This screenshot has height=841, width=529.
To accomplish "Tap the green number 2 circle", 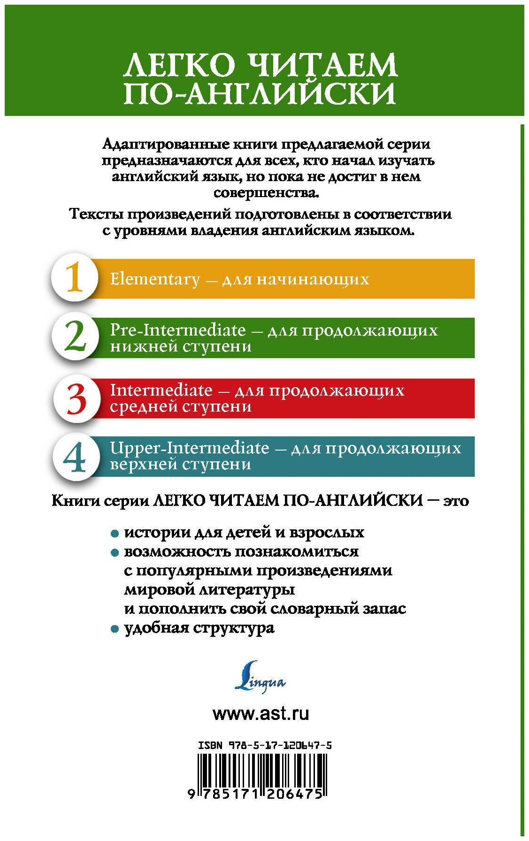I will click(75, 338).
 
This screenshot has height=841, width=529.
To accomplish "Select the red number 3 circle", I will click(76, 399).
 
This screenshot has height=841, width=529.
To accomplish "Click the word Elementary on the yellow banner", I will click(155, 280).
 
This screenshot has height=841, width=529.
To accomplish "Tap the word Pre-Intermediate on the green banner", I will click(177, 330).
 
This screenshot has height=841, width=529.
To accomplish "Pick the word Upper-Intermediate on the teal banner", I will click(189, 448).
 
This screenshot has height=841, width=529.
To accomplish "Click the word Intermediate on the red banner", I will click(161, 390).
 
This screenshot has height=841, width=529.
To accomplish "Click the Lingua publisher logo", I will click(260, 677).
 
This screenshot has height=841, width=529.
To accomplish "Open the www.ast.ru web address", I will click(261, 714).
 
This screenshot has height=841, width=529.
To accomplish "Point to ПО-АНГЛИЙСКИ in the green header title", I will click(260, 93).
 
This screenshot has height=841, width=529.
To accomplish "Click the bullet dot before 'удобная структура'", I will click(114, 629).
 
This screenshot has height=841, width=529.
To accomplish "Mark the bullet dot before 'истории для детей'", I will click(114, 534).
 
